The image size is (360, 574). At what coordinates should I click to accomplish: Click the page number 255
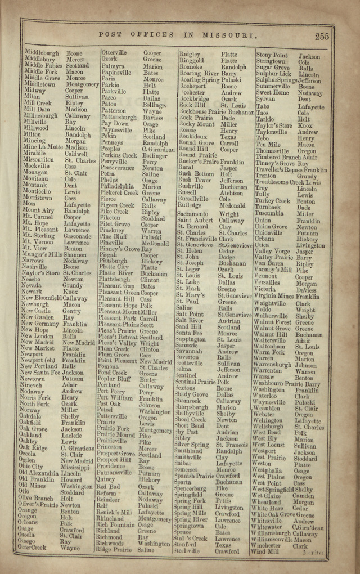pyautogui.click(x=322, y=37)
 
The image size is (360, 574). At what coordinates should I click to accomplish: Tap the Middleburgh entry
pyautogui.click(x=41, y=53)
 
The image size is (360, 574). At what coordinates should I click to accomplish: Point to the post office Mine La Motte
pyautogui.click(x=43, y=147)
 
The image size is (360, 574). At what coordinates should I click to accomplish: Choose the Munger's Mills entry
pyautogui.click(x=42, y=254)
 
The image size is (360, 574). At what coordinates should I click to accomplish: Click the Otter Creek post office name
pyautogui.click(x=32, y=548)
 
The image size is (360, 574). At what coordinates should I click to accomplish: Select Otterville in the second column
pyautogui.click(x=114, y=53)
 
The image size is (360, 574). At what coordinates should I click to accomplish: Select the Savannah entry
pyautogui.click(x=190, y=351)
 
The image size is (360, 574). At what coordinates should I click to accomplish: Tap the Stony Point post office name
pyautogui.click(x=272, y=55)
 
